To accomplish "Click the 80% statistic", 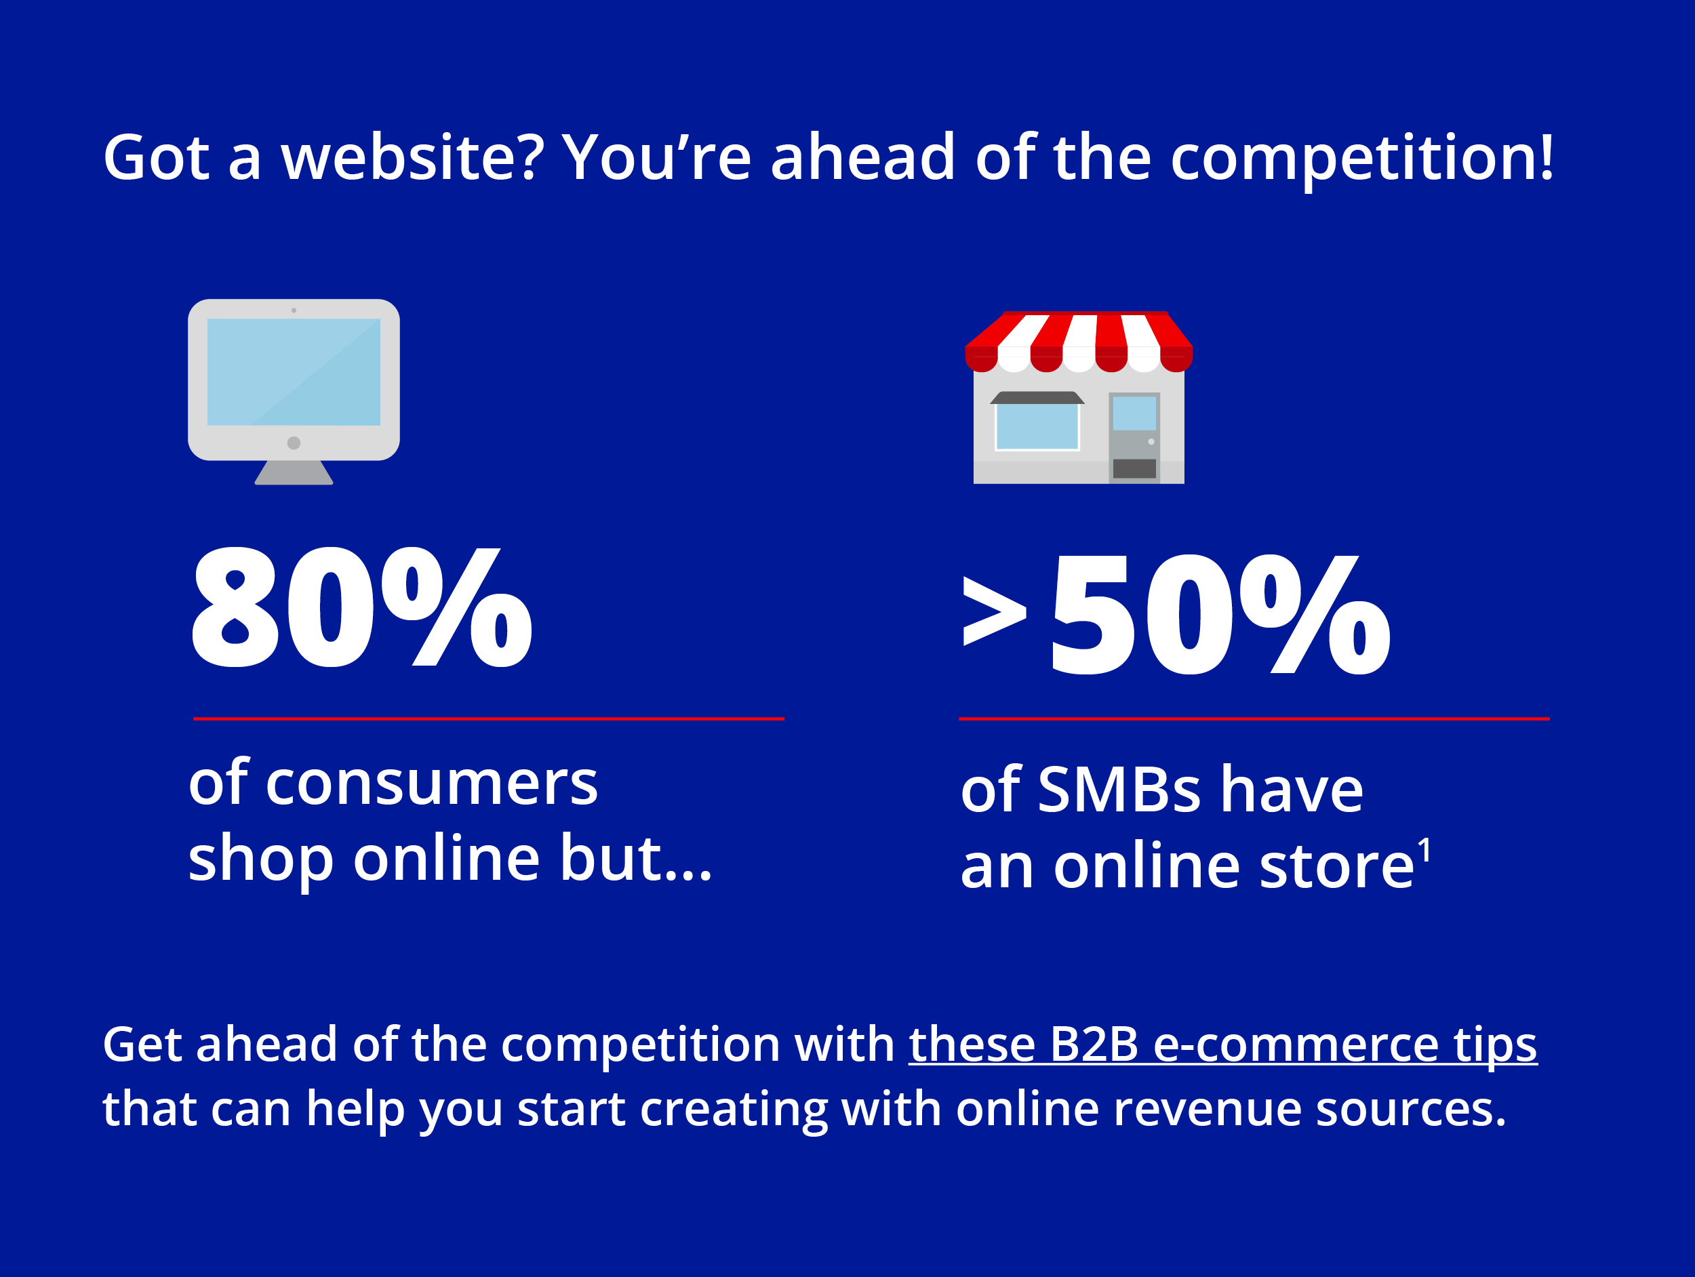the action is [x=361, y=607].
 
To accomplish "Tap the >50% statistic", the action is [x=1176, y=614].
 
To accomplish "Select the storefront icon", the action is [x=1079, y=397].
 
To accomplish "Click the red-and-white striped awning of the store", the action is [x=1079, y=342].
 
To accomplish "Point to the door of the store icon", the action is [x=1134, y=437].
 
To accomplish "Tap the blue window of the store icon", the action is [x=1037, y=426].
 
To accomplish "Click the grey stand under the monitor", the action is [x=294, y=472].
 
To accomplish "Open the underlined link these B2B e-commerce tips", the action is [x=1223, y=1046].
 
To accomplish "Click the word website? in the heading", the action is [x=412, y=158].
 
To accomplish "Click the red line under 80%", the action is [x=489, y=718].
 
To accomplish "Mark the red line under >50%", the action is [x=1254, y=718].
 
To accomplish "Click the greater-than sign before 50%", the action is [x=995, y=611].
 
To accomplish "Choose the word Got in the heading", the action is [x=157, y=158].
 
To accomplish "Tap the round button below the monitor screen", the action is [x=294, y=443].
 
